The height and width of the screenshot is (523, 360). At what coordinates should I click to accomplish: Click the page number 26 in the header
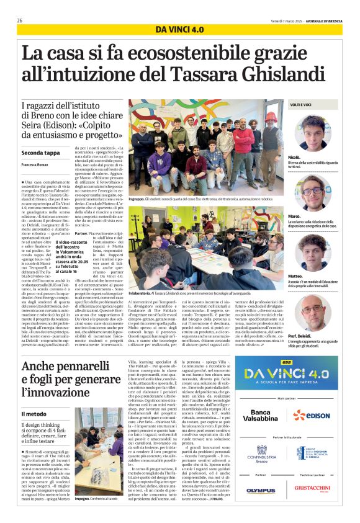[20, 20]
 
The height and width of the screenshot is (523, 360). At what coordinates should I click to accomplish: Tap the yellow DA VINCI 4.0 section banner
[179, 30]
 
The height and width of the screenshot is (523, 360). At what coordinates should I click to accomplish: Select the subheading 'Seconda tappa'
[41, 152]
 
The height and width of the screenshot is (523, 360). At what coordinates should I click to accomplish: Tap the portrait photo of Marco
[313, 191]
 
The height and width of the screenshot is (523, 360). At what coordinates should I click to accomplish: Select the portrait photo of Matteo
[313, 251]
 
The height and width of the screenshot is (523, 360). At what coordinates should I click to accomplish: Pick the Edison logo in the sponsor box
[312, 416]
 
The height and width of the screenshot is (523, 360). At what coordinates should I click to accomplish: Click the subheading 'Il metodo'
[33, 414]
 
